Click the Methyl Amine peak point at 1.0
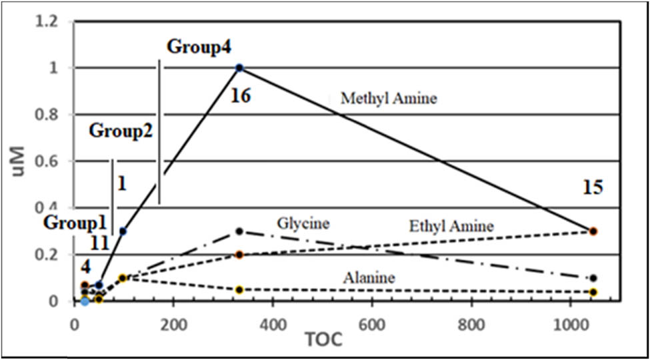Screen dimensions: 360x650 click(240, 67)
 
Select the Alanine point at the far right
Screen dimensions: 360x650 click(593, 292)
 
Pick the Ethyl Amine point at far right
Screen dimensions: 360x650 click(593, 231)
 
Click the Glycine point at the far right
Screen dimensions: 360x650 click(593, 278)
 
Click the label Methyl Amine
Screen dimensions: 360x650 click(389, 99)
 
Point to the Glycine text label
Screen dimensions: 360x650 click(304, 222)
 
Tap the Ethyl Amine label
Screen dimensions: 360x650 click(451, 227)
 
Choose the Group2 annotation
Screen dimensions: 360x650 click(121, 131)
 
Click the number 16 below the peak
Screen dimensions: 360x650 click(240, 96)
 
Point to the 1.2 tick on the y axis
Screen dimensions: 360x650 click(53, 22)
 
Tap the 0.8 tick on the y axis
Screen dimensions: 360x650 click(53, 115)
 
